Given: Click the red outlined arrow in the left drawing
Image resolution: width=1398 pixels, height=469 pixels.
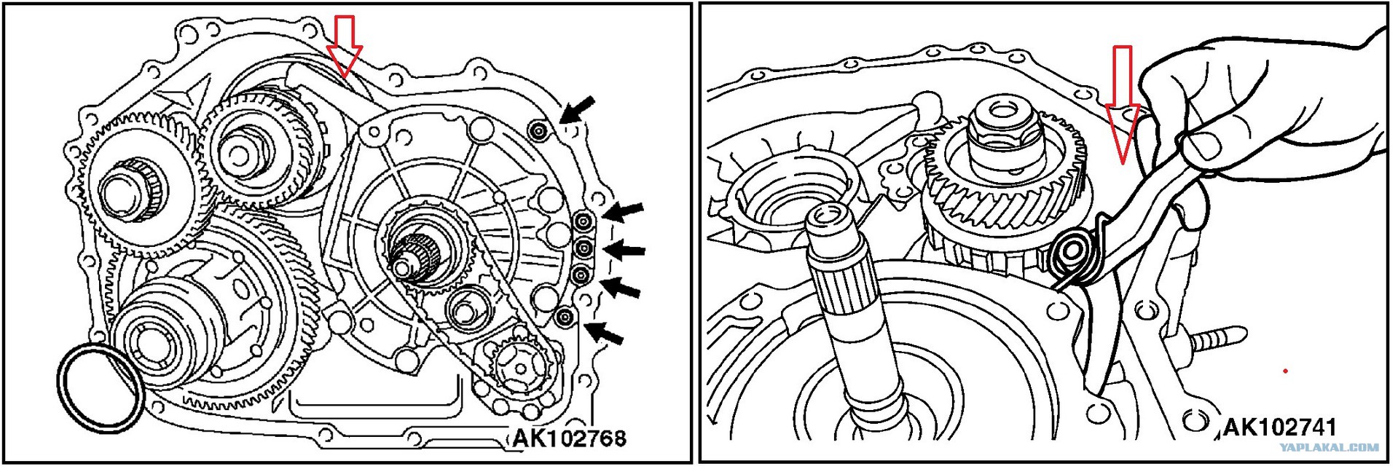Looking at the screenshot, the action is (344, 45).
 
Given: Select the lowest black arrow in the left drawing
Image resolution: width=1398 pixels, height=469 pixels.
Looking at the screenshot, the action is (604, 333).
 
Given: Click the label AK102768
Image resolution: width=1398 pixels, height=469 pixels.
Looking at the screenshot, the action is (569, 438).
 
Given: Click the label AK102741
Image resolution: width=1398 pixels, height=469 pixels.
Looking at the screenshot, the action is (1279, 427).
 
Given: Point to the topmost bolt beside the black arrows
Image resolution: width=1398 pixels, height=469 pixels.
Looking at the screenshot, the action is (538, 131).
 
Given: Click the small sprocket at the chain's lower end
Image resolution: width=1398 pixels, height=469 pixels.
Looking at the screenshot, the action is (519, 368).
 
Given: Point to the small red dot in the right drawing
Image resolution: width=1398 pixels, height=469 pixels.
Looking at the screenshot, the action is (1286, 371).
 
